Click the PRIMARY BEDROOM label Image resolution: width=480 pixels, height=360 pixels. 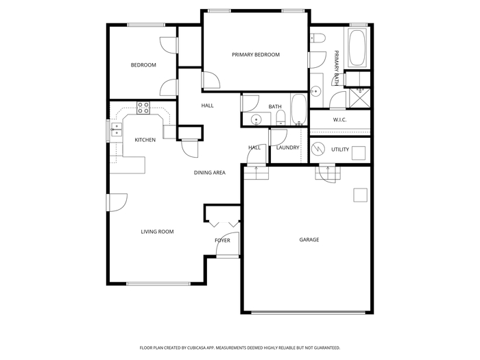[256, 55]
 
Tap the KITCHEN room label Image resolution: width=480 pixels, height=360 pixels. [145, 140]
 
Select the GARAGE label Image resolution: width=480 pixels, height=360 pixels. [309, 240]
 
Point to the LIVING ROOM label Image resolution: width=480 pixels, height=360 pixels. [157, 232]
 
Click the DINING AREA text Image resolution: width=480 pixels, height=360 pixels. [210, 173]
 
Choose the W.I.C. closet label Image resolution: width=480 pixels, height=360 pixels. [340, 120]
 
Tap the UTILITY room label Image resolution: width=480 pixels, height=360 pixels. [340, 149]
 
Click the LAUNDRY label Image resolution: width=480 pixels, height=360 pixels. [288, 147]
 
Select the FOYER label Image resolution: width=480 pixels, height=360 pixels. [223, 241]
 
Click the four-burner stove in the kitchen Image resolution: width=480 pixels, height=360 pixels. [143, 108]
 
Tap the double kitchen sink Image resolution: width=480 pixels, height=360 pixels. [117, 130]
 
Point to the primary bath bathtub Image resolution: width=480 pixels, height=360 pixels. [357, 47]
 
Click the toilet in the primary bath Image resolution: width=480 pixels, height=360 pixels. [317, 38]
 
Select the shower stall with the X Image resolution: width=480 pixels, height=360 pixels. [360, 98]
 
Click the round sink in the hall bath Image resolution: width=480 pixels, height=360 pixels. [256, 119]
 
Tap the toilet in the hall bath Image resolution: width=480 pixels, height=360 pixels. [280, 118]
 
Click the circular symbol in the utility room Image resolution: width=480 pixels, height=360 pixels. [318, 149]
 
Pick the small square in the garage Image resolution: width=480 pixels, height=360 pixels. [360, 195]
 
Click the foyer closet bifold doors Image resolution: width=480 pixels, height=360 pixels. [224, 224]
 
